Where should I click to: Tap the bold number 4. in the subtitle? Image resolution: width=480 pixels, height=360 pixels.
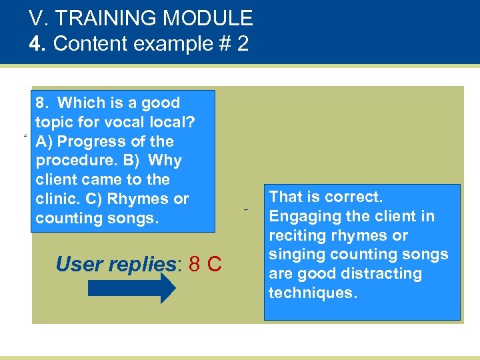[38, 44]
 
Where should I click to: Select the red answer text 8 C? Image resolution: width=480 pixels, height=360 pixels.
[205, 265]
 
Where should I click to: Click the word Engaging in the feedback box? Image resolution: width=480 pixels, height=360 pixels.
[299, 216]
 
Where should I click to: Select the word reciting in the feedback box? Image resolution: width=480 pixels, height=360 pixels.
[295, 235]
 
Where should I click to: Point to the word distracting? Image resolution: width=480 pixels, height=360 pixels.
[373, 273]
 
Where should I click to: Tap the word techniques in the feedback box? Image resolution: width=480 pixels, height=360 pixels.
[312, 293]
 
